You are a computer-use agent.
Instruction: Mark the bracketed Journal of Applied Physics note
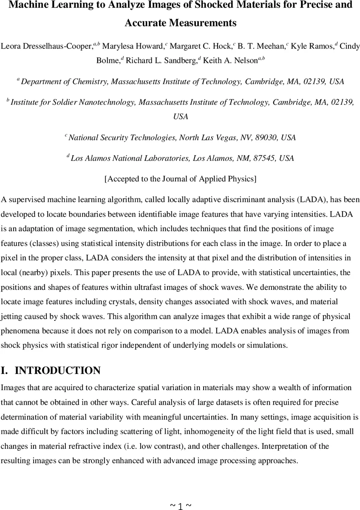coord(180,179)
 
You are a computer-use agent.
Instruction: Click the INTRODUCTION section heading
coord(58,371)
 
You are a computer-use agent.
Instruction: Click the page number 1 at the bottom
coord(180,506)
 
